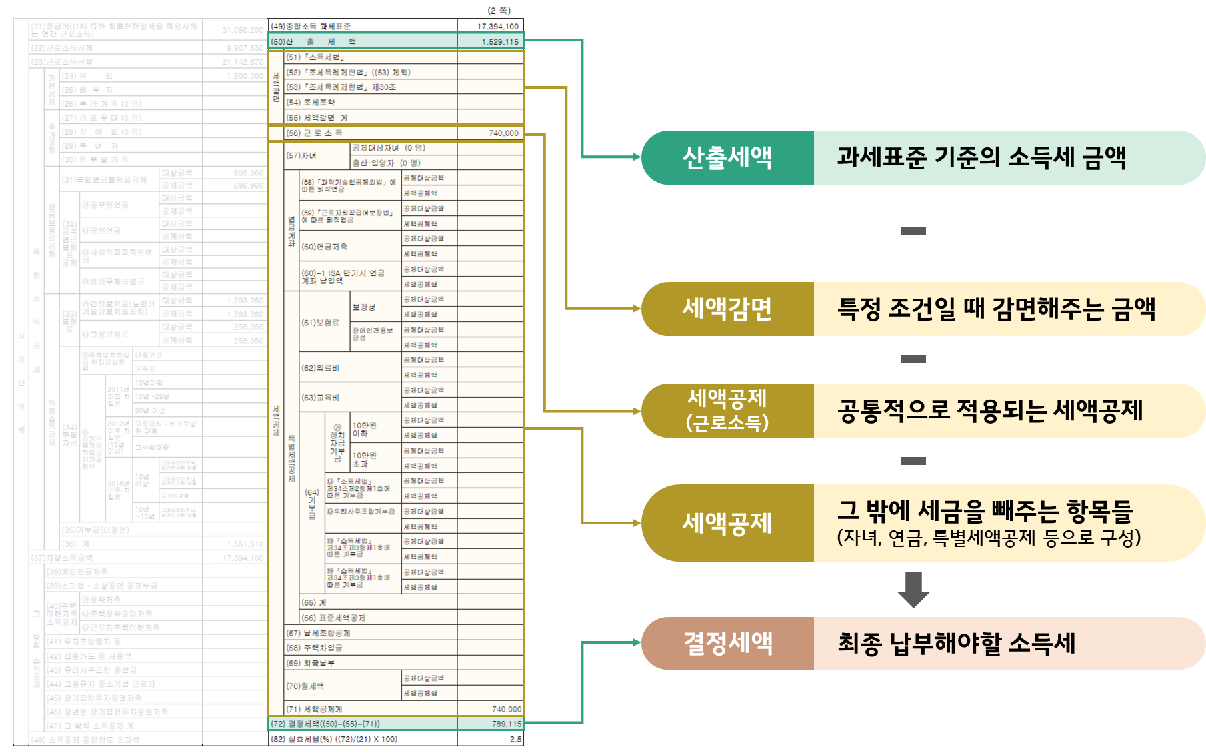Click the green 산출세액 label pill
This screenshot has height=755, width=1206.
tap(727, 158)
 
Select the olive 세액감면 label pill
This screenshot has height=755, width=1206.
tap(727, 309)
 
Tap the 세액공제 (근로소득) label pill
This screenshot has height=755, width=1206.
tap(727, 410)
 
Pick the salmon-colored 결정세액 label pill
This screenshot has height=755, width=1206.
tap(727, 643)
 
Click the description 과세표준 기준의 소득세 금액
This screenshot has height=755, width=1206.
tap(981, 158)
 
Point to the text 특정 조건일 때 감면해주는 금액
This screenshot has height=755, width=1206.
tap(996, 309)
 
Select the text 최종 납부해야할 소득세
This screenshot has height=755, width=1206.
tap(956, 643)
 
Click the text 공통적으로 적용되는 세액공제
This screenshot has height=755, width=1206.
tap(990, 410)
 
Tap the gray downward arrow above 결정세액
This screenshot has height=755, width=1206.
tap(913, 590)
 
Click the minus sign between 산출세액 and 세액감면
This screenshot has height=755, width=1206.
tap(913, 231)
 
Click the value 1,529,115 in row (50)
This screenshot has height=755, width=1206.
tap(500, 41)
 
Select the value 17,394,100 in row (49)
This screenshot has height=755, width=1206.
tap(497, 27)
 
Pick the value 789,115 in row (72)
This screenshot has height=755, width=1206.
tap(507, 724)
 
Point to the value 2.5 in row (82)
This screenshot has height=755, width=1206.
tap(515, 739)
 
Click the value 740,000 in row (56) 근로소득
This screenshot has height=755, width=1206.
tap(503, 133)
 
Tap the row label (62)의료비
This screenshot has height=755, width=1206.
tap(320, 368)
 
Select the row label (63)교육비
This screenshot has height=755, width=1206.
tap(320, 398)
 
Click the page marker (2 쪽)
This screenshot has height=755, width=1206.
tap(499, 10)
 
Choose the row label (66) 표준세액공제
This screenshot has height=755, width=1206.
tap(333, 618)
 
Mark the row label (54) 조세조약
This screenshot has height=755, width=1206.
tap(311, 102)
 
